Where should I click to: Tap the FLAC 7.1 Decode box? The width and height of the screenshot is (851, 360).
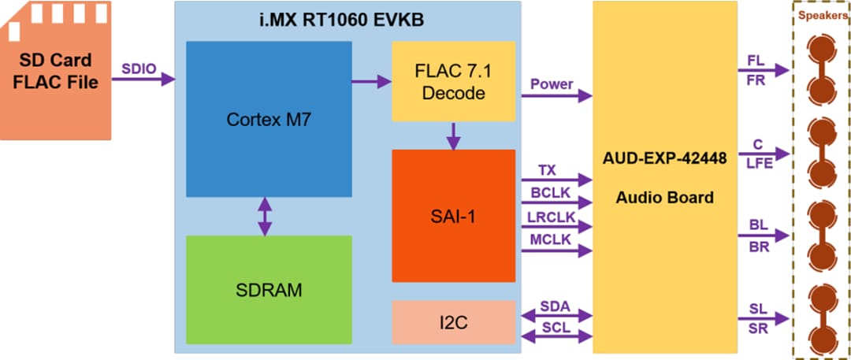pyautogui.click(x=453, y=81)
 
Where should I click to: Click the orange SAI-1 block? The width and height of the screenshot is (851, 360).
pyautogui.click(x=453, y=215)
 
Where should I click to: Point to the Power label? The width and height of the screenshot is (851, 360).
pyautogui.click(x=552, y=84)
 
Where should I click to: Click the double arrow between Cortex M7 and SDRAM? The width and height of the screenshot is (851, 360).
pyautogui.click(x=265, y=216)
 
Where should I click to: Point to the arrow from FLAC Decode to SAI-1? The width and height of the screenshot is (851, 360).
pyautogui.click(x=453, y=135)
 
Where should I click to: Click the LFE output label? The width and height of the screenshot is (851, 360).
pyautogui.click(x=757, y=164)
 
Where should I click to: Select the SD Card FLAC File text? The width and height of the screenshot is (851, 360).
pyautogui.click(x=55, y=71)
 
